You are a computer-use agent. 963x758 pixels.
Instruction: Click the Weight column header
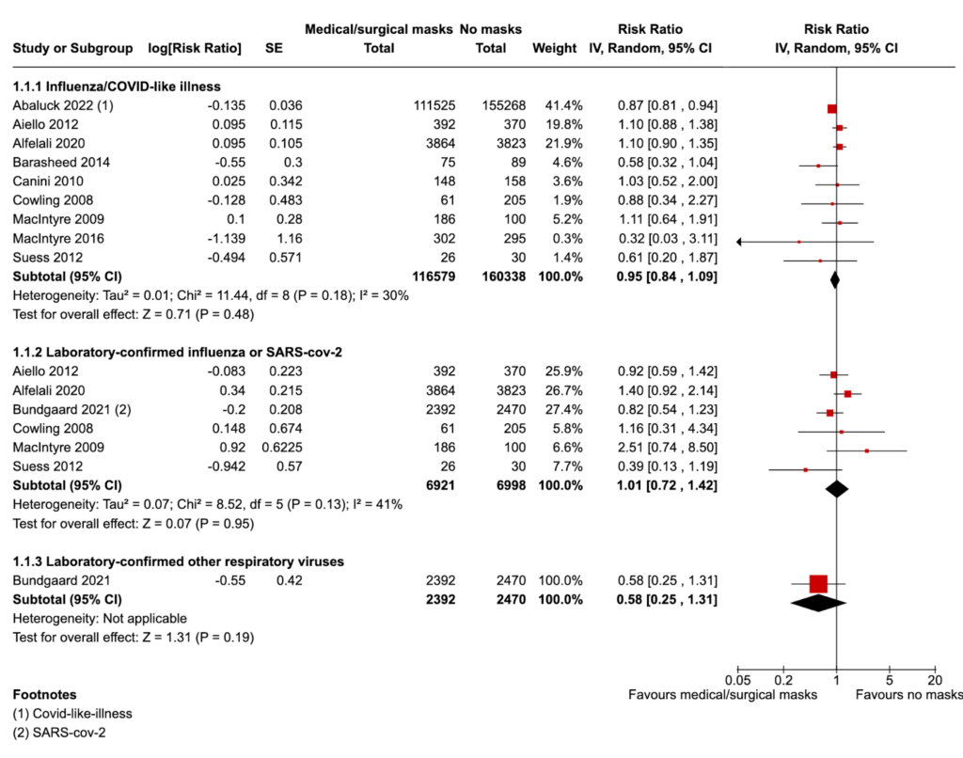tap(552, 48)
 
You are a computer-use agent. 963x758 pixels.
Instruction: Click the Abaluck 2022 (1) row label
tap(63, 105)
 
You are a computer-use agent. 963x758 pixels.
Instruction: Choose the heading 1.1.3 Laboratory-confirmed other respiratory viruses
tap(178, 561)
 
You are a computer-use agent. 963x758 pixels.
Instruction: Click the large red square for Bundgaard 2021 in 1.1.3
tap(818, 583)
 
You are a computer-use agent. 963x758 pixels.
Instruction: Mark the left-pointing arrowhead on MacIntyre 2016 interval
tap(741, 242)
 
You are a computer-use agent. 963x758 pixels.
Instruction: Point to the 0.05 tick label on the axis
tap(738, 679)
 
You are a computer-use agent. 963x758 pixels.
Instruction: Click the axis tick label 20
tap(935, 679)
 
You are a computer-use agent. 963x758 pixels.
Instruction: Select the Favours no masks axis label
tap(908, 695)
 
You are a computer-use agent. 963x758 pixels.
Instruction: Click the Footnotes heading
tap(45, 695)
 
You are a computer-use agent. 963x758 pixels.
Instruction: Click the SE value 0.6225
tap(283, 448)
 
